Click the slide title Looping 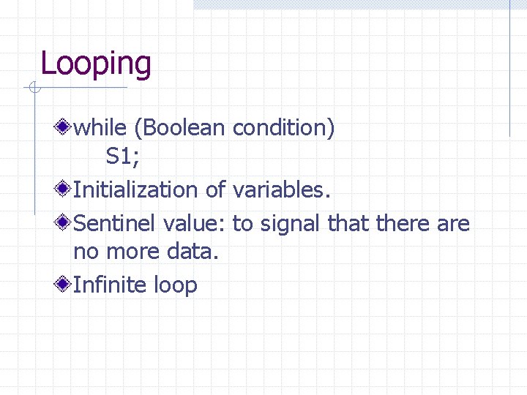pos(96,64)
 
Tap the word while pos(101,128)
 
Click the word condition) pos(283,128)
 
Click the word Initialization pos(136,190)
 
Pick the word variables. pos(282,190)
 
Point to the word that pos(349,222)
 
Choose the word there pos(403,222)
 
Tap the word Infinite pos(111,284)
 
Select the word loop pos(176,285)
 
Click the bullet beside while pos(64,128)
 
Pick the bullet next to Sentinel pos(64,222)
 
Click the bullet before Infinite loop pos(64,284)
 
